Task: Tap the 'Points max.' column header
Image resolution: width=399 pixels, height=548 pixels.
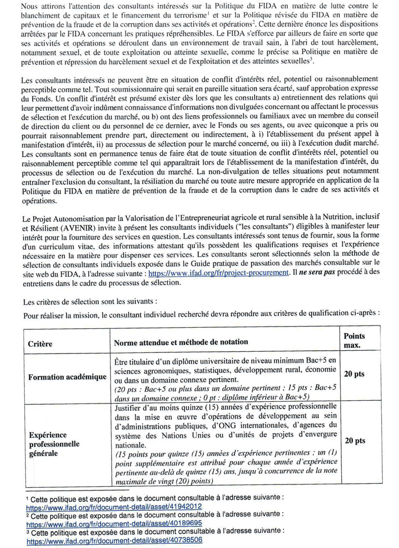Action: point(354,339)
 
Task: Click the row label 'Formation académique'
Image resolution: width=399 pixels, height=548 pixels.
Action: point(67,377)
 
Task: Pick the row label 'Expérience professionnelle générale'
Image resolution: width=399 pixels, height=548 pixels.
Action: point(54,444)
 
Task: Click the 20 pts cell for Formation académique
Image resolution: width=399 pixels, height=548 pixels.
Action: point(354,374)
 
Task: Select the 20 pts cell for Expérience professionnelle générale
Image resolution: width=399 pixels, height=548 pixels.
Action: point(354,441)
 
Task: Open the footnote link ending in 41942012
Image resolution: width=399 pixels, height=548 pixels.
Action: point(114,507)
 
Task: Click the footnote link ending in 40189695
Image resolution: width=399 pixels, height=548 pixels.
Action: point(114,523)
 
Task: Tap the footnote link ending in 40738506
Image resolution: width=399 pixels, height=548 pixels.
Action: point(114,540)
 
